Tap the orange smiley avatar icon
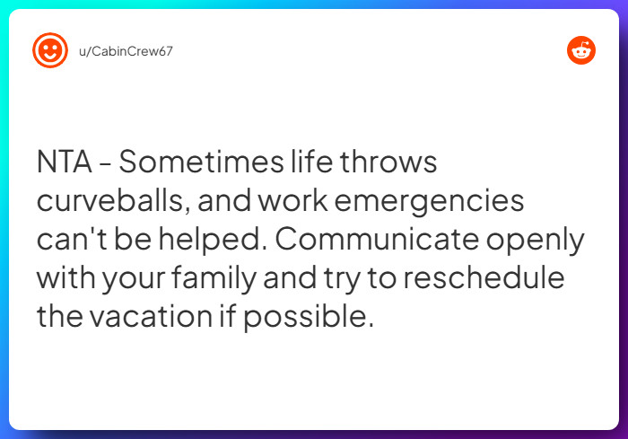click(x=50, y=50)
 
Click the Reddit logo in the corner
click(x=581, y=50)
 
